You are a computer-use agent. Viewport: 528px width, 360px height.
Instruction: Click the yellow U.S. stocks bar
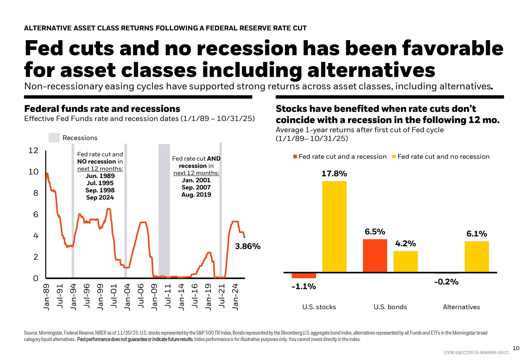tap(334, 227)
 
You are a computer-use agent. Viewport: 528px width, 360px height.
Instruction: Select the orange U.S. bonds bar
tap(375, 255)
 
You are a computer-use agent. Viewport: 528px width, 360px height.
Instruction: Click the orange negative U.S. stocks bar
tap(304, 275)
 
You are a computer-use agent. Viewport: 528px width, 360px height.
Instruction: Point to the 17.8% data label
tap(334, 174)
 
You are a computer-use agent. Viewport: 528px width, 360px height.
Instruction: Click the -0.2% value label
tap(446, 282)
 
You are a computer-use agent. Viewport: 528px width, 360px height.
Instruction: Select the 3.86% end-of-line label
tap(248, 246)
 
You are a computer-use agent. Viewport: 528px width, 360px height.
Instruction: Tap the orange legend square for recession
tap(295, 157)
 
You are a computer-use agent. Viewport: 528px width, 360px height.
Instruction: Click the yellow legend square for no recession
tap(394, 157)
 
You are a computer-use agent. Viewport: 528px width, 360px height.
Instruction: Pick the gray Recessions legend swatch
tap(54, 138)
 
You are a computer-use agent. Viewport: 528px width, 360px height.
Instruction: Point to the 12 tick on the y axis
tap(33, 151)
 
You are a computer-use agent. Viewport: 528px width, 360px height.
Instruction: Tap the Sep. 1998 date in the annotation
tap(100, 190)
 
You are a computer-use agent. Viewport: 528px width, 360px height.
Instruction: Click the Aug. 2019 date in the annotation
tap(196, 195)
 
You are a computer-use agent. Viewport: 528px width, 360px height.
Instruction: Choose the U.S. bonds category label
tap(390, 307)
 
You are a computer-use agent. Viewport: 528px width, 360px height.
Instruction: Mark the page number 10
tap(516, 348)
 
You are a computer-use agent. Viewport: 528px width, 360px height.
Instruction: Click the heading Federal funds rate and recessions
tap(102, 109)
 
